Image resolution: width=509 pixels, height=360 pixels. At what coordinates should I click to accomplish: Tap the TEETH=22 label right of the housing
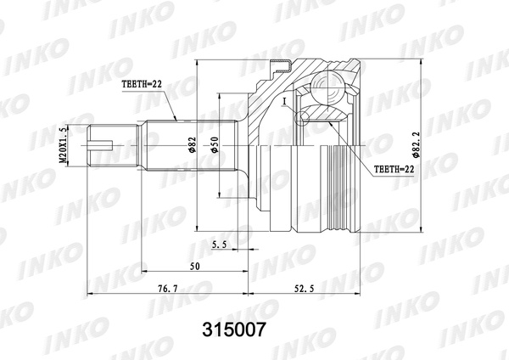(394, 169)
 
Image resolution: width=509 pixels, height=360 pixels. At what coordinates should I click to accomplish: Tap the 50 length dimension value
(196, 267)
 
